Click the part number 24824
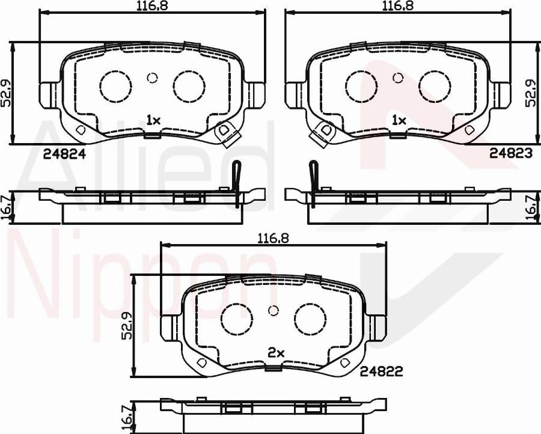click(x=65, y=153)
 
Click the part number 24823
click(x=510, y=153)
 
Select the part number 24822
click(x=381, y=372)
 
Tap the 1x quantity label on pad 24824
click(x=153, y=120)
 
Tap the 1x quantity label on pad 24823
click(x=399, y=120)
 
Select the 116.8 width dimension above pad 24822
click(x=274, y=237)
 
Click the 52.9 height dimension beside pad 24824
click(x=6, y=93)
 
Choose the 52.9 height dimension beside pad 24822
click(x=127, y=325)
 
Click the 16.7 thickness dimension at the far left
click(x=6, y=208)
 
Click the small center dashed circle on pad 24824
click(x=151, y=78)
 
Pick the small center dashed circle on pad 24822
click(x=274, y=310)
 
